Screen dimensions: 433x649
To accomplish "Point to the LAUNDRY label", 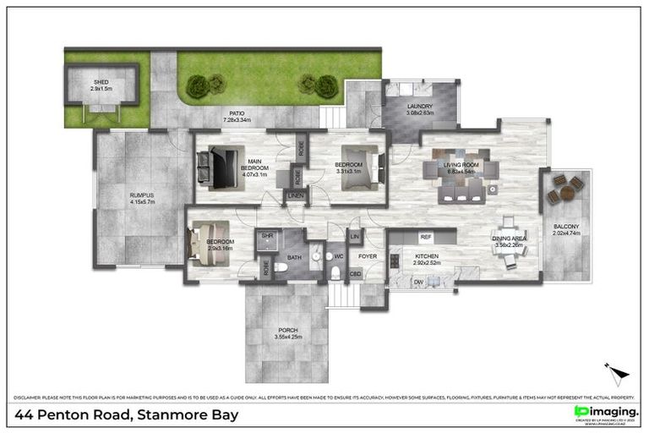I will (420, 108).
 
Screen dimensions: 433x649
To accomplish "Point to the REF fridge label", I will (426, 238).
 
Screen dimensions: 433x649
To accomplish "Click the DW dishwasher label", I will (419, 283).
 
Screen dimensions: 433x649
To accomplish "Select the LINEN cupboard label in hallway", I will (295, 196).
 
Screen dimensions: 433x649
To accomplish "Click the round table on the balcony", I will (565, 194).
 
